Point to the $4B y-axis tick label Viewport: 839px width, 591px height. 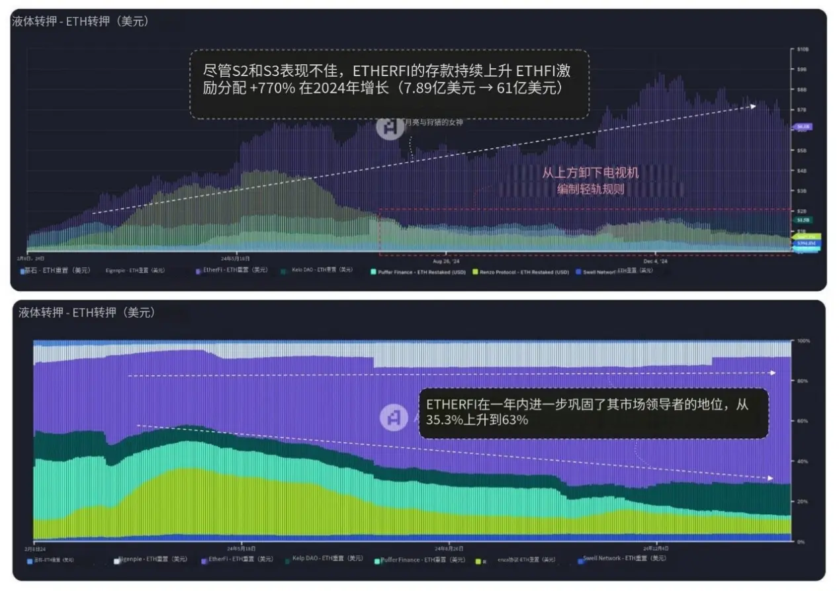[x=802, y=171]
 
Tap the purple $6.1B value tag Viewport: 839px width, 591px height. [x=803, y=126]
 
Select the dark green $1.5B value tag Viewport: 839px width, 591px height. [x=803, y=220]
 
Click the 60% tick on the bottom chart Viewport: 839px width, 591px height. [x=803, y=421]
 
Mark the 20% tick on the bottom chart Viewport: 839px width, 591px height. [x=803, y=502]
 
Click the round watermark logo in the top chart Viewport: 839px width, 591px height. [x=390, y=126]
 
